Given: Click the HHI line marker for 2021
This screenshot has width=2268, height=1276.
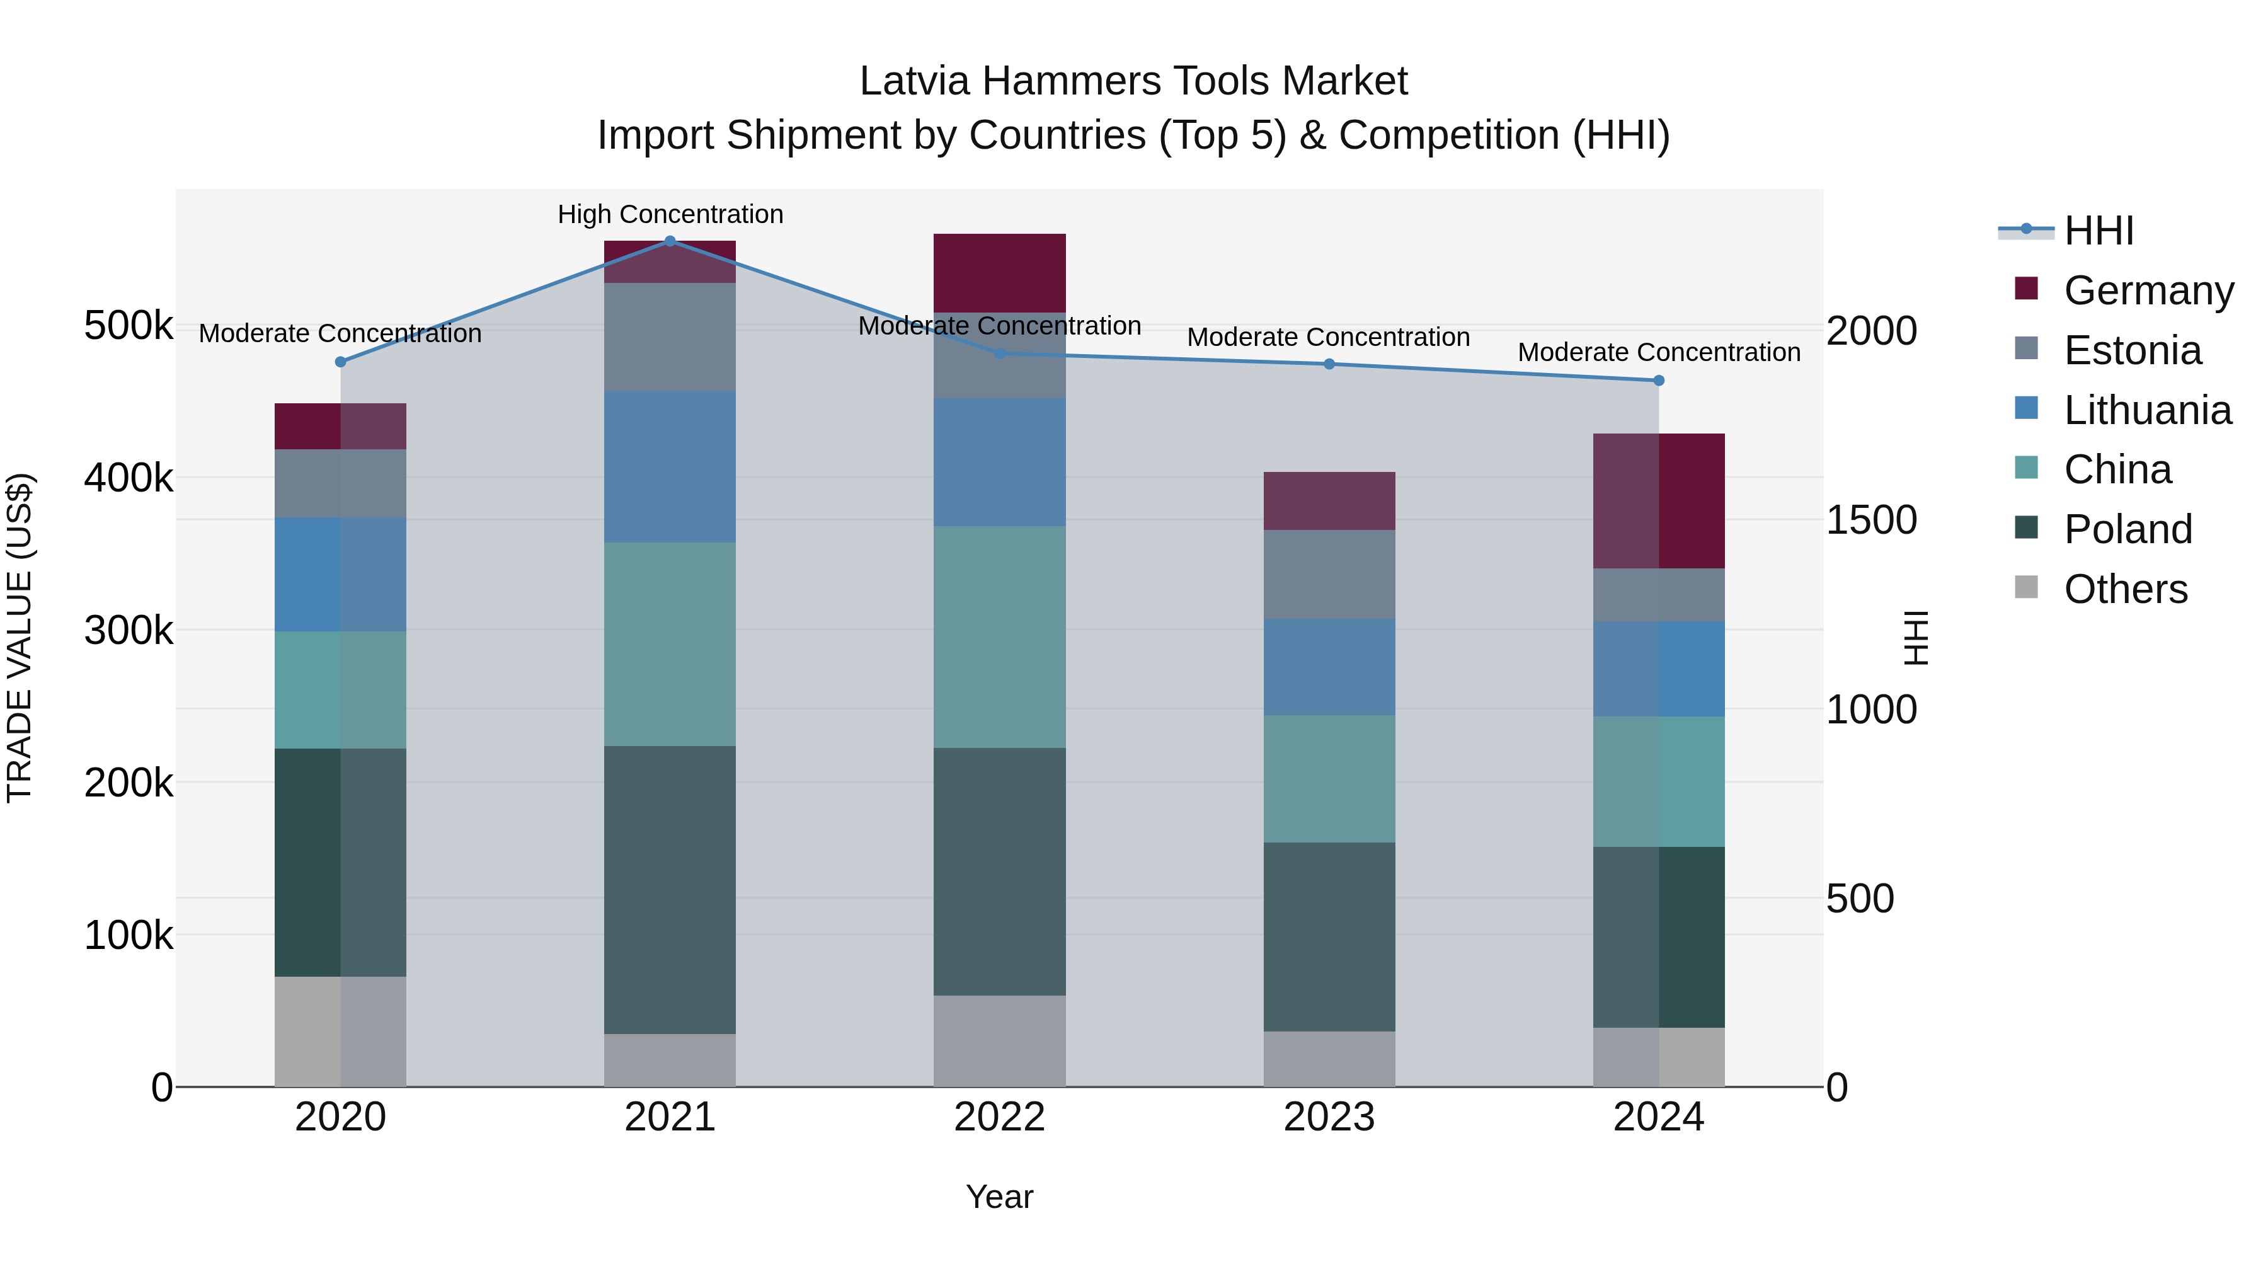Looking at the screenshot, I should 670,241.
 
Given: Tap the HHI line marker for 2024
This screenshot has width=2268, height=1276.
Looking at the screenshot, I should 1659,381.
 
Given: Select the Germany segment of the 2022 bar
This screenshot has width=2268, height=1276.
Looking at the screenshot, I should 999,273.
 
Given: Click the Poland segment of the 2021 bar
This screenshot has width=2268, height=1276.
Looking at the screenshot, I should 670,889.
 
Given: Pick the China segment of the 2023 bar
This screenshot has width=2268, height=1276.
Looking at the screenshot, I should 1329,778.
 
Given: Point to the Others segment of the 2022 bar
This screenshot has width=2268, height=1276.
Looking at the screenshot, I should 999,1041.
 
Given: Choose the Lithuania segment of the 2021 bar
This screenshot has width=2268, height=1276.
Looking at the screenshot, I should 670,467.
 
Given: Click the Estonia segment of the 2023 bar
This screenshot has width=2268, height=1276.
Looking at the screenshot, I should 1329,574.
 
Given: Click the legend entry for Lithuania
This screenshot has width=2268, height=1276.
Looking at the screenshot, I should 2146,410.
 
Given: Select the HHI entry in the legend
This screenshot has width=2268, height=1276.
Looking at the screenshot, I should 2098,231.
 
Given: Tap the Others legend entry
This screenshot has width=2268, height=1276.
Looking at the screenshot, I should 2124,589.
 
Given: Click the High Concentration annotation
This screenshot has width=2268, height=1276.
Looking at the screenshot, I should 670,214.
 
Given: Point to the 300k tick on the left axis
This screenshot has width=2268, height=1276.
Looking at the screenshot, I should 129,631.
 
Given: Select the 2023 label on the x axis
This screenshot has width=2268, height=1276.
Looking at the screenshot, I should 1329,1117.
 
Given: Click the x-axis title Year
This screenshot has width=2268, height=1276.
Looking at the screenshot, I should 999,1197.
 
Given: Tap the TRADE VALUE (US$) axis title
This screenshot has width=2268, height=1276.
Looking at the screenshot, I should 20,638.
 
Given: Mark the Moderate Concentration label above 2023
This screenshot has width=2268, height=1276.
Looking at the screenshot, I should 1329,337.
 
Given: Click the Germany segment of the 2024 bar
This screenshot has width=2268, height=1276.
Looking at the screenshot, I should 1659,500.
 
